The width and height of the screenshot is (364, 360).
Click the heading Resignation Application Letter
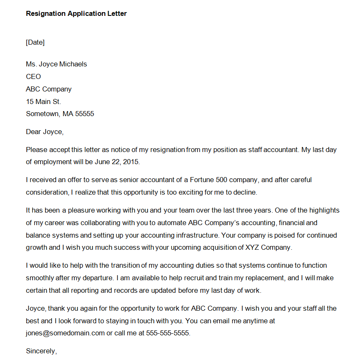click(x=76, y=13)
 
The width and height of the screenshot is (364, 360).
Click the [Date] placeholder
click(x=35, y=42)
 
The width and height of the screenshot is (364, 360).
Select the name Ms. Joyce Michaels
click(x=56, y=64)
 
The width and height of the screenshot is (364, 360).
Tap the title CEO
click(x=33, y=76)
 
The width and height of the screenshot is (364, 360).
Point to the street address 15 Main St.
click(x=43, y=101)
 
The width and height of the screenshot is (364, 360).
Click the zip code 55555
click(x=84, y=114)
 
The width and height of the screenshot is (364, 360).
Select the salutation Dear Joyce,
click(x=45, y=132)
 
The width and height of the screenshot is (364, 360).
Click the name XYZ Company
click(x=266, y=247)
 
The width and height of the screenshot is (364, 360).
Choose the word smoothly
click(x=40, y=278)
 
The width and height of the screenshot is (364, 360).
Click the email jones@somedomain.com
click(x=65, y=333)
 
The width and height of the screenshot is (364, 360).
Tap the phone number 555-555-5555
click(x=168, y=333)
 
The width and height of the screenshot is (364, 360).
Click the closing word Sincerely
click(x=40, y=351)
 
